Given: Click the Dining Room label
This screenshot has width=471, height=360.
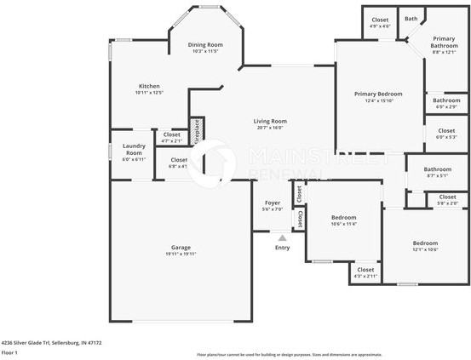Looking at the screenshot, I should (x=205, y=44).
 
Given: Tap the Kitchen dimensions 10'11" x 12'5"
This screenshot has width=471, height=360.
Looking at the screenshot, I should (x=149, y=93).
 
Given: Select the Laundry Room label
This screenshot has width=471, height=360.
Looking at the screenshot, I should (x=134, y=149).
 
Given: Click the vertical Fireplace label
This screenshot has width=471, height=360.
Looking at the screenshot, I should (x=196, y=132).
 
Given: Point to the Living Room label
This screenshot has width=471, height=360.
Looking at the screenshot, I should (x=270, y=121).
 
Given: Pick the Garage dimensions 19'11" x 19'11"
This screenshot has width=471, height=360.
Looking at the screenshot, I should (x=181, y=254).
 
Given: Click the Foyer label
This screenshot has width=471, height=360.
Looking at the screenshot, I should (x=272, y=203).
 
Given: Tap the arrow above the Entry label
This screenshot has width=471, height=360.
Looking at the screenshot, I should (x=281, y=237).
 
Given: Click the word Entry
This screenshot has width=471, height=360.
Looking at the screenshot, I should (x=282, y=248).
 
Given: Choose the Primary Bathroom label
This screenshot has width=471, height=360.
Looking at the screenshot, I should (x=443, y=42).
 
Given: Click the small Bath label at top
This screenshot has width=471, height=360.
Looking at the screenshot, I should (x=411, y=19).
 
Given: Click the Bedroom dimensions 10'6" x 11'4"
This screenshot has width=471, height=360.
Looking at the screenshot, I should (x=343, y=224).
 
